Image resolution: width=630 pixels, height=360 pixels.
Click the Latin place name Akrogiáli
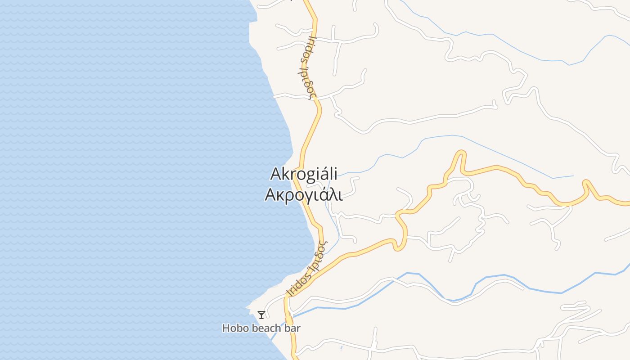coord(304,175)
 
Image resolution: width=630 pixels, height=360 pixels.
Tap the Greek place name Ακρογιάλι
coord(304,195)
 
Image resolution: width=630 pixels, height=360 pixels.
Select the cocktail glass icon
coord(261,315)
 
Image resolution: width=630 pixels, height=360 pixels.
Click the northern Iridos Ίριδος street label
coord(307,67)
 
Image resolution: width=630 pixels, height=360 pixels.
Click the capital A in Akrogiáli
coord(276,174)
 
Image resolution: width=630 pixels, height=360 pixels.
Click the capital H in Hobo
coord(226,328)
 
